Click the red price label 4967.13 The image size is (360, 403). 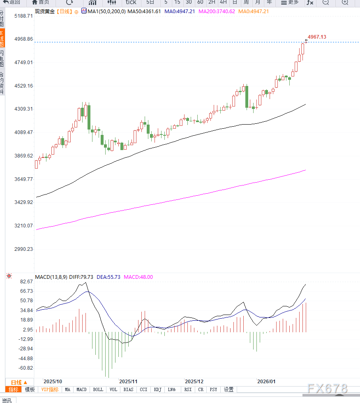[317, 37]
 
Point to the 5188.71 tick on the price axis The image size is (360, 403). [23, 16]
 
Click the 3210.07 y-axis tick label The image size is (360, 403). [23, 226]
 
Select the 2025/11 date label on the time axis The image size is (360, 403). [128, 381]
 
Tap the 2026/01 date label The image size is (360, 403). [266, 381]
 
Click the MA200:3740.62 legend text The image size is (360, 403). [217, 11]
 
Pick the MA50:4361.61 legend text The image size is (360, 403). [144, 11]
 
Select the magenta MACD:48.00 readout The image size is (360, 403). [138, 277]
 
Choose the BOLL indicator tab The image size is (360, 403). [98, 389]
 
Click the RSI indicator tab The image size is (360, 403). [188, 389]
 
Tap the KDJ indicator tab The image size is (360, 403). [157, 389]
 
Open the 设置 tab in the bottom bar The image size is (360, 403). [228, 389]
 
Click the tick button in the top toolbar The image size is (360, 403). [131, 2]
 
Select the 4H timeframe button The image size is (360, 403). [223, 2]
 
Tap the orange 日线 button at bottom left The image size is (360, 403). [19, 382]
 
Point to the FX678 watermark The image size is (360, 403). [327, 389]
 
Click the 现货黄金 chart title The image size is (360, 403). [45, 11]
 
